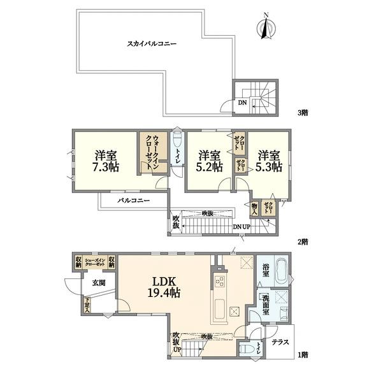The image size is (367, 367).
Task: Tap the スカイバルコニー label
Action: [x=152, y=44]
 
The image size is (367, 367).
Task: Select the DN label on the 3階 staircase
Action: [x=243, y=101]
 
